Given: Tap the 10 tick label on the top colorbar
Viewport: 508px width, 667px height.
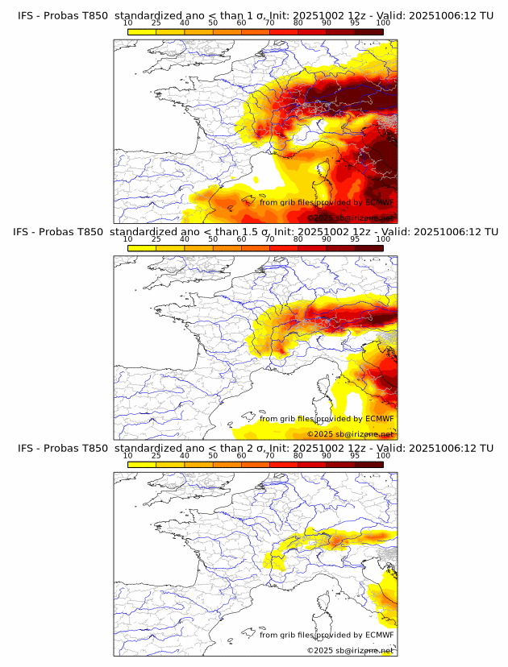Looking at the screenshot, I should (128, 23).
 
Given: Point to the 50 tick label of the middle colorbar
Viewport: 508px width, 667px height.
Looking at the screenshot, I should (213, 239).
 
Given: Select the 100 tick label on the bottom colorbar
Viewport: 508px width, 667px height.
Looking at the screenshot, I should (383, 455).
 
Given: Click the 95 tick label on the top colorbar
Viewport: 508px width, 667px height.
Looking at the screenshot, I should (355, 23).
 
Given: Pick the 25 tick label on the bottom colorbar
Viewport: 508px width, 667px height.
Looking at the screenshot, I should (156, 455).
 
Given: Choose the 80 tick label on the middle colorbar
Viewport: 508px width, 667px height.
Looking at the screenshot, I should (298, 239).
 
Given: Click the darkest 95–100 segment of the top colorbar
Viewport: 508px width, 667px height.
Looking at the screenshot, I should (369, 31).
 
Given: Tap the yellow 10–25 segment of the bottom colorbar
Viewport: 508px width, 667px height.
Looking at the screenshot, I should (142, 464).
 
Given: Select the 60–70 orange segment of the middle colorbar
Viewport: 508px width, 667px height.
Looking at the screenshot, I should (256, 247).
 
